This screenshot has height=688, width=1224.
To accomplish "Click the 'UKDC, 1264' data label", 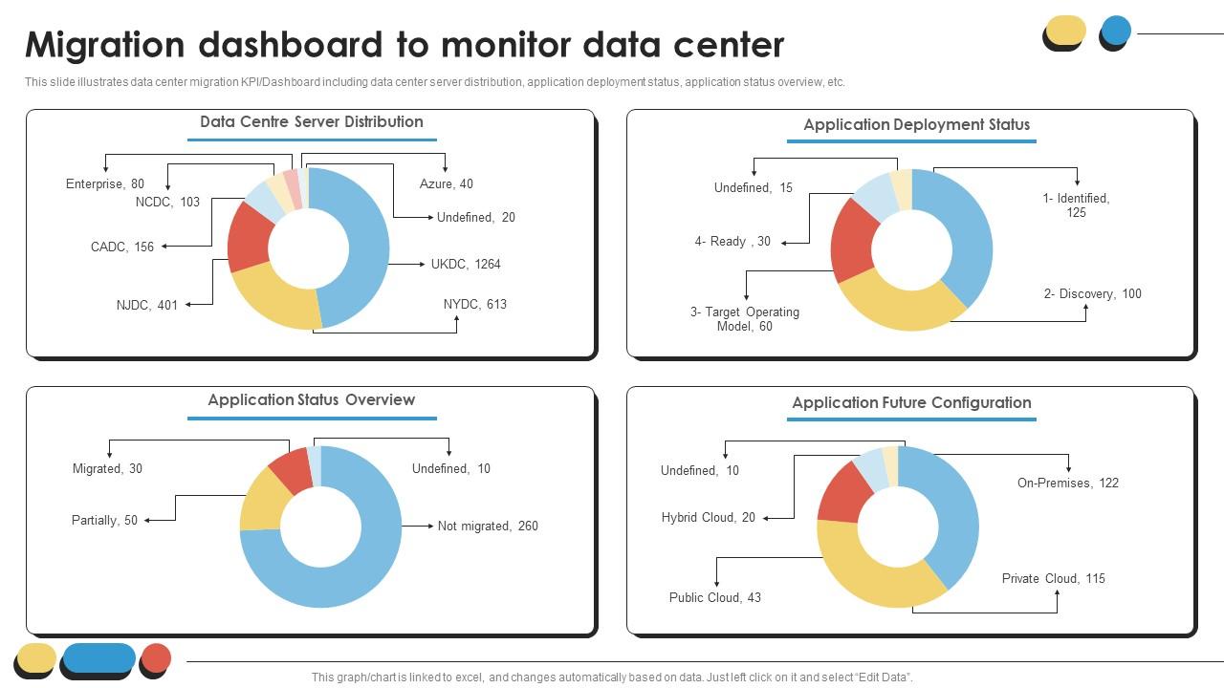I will (x=466, y=264).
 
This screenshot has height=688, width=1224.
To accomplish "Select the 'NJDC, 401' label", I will (x=147, y=305).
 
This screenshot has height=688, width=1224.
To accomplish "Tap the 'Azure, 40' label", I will (x=446, y=183).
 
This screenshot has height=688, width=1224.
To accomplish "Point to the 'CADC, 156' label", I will (x=122, y=247).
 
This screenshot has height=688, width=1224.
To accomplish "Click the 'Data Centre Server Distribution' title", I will (x=311, y=121).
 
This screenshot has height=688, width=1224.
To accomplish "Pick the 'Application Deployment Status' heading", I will (x=916, y=124).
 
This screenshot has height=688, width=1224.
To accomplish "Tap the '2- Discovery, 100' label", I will (x=1092, y=293).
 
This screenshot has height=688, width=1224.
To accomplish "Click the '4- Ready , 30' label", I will (x=732, y=241).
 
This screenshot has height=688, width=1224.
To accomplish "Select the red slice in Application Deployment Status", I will (x=851, y=239).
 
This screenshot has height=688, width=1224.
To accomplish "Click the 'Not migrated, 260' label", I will (x=488, y=526).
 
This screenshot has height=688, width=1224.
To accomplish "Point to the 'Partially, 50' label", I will (x=104, y=520).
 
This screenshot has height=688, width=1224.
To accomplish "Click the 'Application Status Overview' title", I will (x=311, y=399).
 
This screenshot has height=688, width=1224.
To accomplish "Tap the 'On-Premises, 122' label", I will (x=1067, y=483).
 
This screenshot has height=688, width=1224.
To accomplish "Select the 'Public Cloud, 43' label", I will (x=714, y=597).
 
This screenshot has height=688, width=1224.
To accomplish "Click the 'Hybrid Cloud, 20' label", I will (x=708, y=517).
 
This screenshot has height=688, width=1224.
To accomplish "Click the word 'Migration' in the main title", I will (x=105, y=45).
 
